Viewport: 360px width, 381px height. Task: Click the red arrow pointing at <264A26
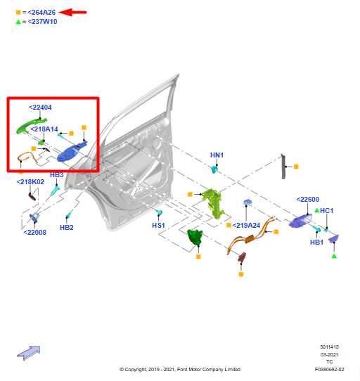(x=72, y=12)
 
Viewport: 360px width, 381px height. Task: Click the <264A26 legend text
(x=41, y=13)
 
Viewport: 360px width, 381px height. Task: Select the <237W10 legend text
(x=42, y=22)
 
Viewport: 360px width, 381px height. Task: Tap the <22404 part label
(x=40, y=107)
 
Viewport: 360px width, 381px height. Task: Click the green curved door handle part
(x=30, y=125)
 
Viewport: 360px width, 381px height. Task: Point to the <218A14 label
(x=44, y=129)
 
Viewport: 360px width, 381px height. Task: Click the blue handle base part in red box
(x=72, y=152)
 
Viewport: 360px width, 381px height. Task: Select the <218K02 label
(x=30, y=182)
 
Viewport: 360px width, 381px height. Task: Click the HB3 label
(x=57, y=175)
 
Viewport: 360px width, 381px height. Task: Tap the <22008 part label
(x=34, y=232)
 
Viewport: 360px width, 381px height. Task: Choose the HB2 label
(x=67, y=228)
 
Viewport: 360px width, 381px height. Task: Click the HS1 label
(x=158, y=226)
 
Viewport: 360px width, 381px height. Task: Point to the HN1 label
(x=217, y=155)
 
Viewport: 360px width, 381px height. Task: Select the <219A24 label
(x=246, y=226)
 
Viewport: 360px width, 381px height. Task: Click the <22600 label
(x=308, y=200)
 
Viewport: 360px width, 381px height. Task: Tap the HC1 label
(x=327, y=210)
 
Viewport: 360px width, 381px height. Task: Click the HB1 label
(x=316, y=242)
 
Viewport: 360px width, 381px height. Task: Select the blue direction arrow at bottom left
(x=29, y=353)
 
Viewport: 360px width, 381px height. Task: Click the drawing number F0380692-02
(x=329, y=369)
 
